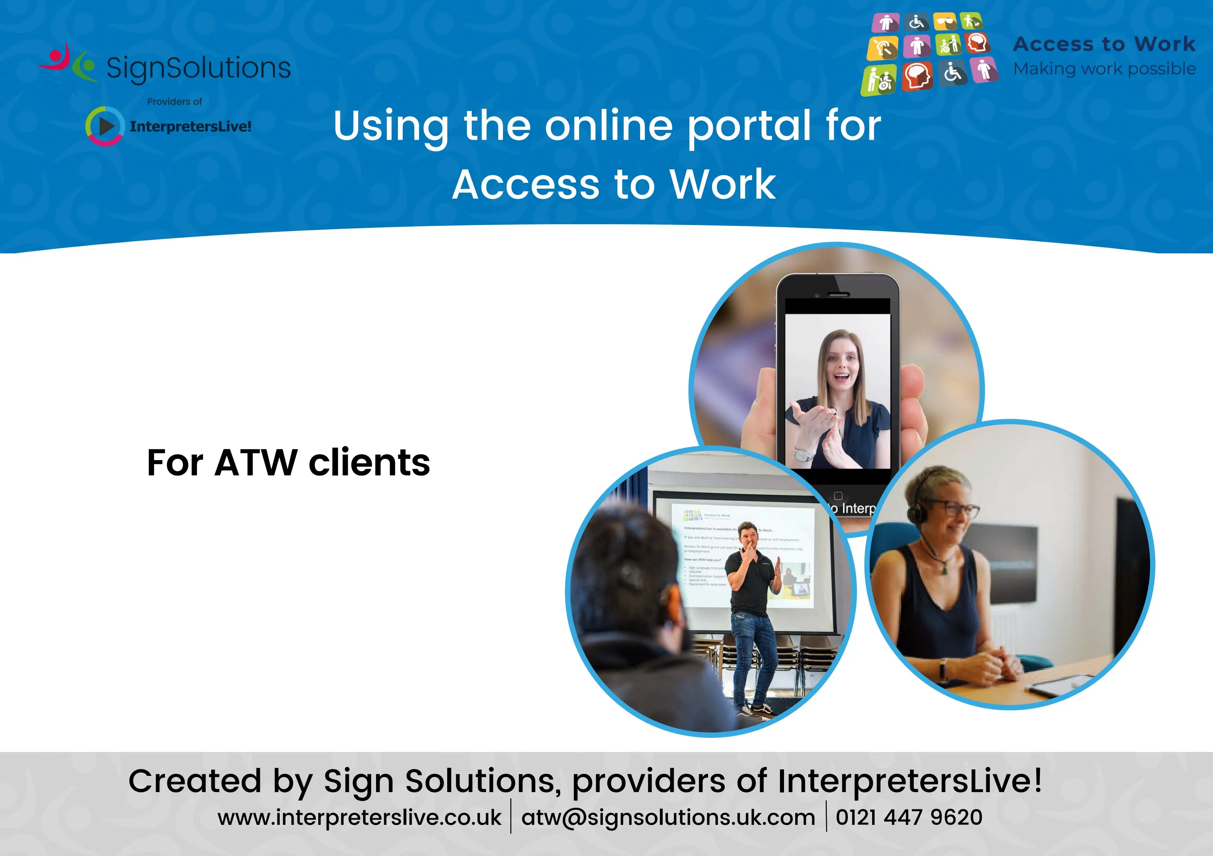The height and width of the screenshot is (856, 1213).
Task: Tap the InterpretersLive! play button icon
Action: (105, 126)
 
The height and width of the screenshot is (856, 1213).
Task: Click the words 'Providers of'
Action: (174, 102)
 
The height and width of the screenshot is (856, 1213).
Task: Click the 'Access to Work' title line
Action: (614, 185)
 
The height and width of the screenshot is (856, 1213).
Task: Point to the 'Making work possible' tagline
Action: (1104, 69)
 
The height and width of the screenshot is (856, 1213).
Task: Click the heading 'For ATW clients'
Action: (288, 463)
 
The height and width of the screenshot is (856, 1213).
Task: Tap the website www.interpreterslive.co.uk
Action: (359, 818)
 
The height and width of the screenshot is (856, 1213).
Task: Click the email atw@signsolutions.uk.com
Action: (668, 818)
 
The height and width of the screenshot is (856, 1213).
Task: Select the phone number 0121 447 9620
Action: (909, 818)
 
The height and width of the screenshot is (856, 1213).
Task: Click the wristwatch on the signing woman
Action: (805, 454)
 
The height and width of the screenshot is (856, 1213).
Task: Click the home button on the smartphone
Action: (838, 495)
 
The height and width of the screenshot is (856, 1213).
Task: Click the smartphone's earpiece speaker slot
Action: (838, 295)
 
